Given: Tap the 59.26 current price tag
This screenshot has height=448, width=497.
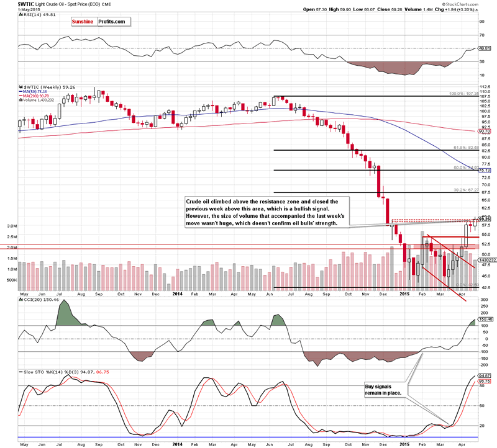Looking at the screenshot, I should click(484, 219).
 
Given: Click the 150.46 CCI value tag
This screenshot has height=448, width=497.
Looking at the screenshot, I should click(485, 319).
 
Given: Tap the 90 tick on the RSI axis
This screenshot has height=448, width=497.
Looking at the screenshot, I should click(481, 20).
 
